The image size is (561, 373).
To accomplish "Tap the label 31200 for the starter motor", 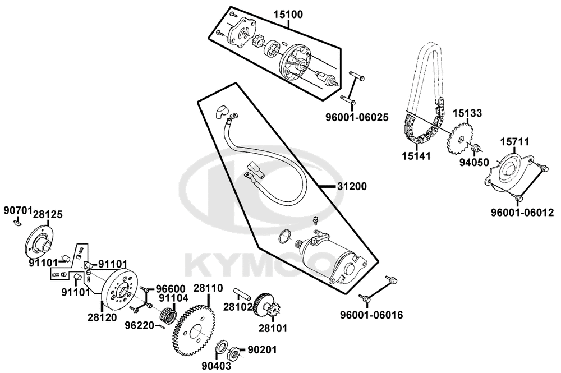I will (x=352, y=186).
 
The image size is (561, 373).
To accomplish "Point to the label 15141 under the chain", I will (x=415, y=155).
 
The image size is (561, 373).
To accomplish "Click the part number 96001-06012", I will (x=522, y=213).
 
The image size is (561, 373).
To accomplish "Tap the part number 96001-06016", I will (x=371, y=315).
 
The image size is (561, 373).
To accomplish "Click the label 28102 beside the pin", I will (x=236, y=307).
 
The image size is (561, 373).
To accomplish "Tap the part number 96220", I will (x=137, y=324).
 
